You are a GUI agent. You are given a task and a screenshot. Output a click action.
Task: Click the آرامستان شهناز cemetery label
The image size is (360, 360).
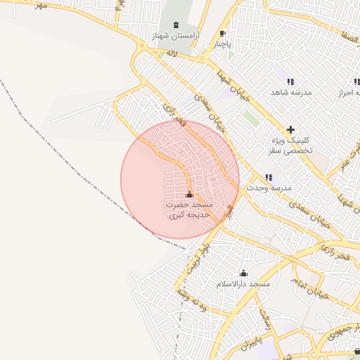[x=176, y=35]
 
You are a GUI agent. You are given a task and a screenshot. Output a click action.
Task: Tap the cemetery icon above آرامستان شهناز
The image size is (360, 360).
[x=175, y=25]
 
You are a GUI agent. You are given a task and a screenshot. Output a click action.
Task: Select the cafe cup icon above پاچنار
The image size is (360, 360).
[x=223, y=34]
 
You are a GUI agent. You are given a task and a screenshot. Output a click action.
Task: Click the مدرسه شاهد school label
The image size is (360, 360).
[x=292, y=92]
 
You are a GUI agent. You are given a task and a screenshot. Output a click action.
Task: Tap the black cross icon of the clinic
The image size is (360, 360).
[x=290, y=129]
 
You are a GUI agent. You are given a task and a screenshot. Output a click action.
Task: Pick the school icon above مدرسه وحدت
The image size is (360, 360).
[x=268, y=178]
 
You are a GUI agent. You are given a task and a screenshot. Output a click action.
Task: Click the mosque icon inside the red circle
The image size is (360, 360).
[x=188, y=194]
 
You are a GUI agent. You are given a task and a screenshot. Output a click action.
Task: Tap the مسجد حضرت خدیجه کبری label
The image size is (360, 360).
[x=188, y=210]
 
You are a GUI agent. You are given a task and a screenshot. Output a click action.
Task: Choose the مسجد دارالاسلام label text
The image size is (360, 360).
[x=243, y=283]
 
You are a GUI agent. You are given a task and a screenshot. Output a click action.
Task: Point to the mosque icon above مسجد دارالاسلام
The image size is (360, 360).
[x=244, y=273]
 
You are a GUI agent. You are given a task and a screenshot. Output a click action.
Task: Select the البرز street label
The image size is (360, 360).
[x=228, y=212]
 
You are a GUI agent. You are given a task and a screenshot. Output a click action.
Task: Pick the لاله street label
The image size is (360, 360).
[x=170, y=53]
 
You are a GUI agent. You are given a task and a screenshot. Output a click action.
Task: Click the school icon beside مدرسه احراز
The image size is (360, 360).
[x=356, y=82]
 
